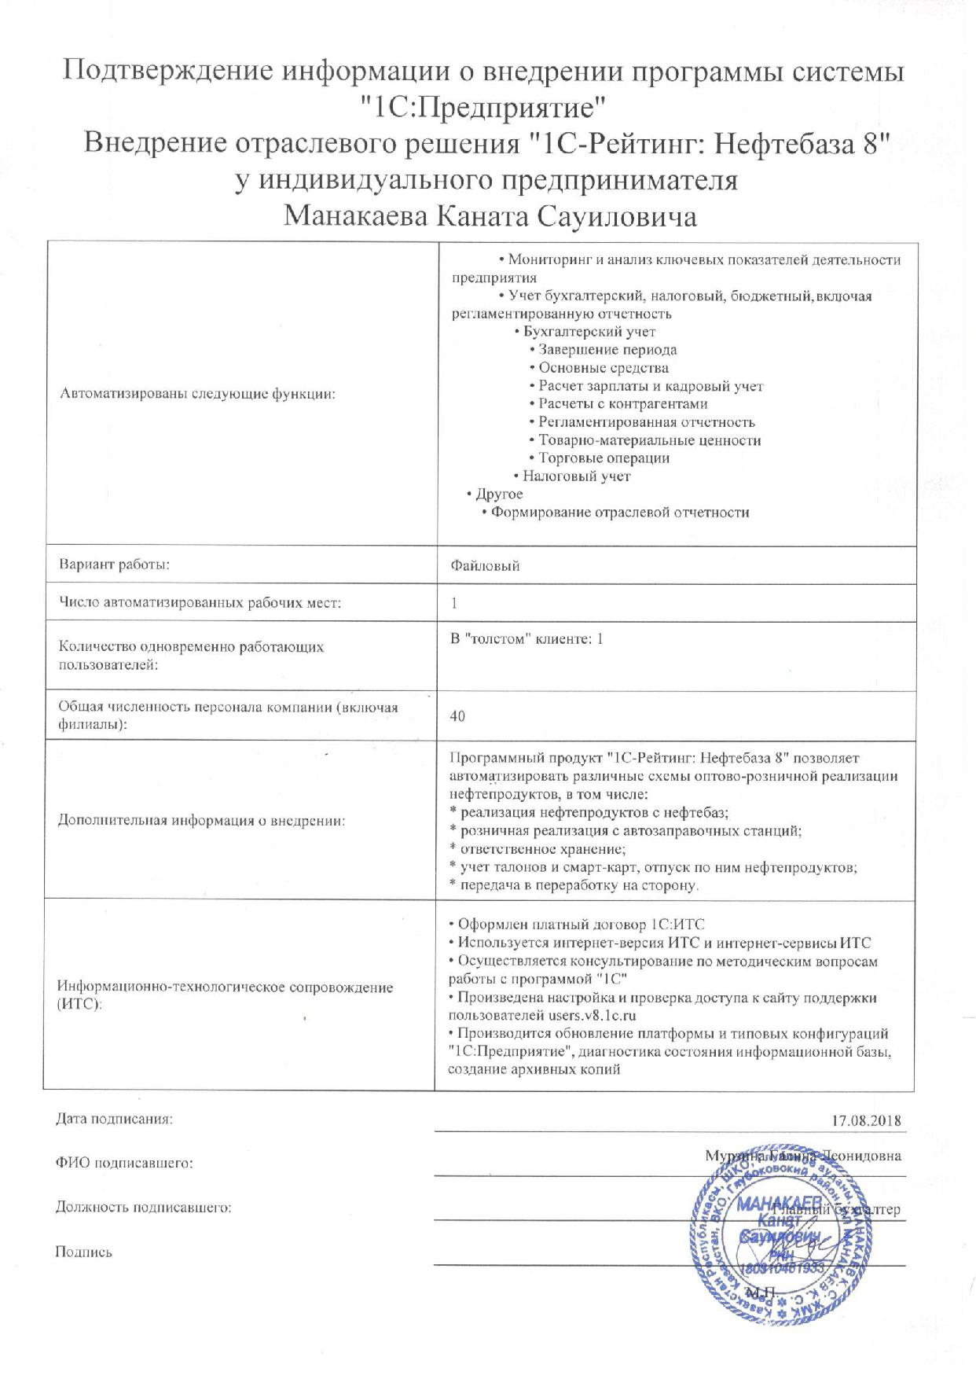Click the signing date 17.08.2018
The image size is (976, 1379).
(x=866, y=1120)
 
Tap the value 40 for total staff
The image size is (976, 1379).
(x=458, y=716)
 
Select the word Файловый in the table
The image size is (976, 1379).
(x=485, y=565)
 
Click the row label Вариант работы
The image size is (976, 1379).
(x=115, y=564)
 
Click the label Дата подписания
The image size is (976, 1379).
(x=114, y=1119)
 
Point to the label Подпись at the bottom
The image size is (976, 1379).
(x=84, y=1252)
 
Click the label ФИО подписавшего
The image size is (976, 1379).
(x=124, y=1163)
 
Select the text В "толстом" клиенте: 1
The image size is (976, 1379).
(x=527, y=639)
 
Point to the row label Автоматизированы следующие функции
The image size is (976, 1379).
(x=198, y=394)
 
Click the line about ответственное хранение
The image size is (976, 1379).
(x=542, y=849)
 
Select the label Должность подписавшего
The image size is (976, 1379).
(x=144, y=1208)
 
